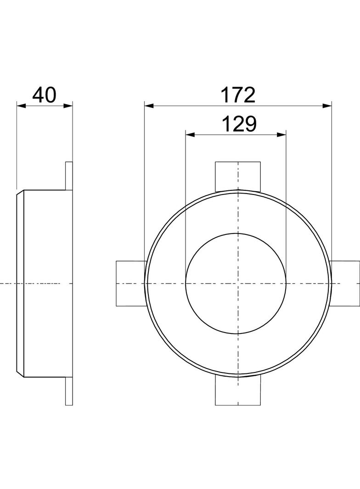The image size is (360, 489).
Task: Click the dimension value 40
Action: pos(45,95)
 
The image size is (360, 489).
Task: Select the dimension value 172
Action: pos(238,95)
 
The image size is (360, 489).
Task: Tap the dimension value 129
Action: pos(239,124)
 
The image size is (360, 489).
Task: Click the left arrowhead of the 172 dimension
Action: pos(149,106)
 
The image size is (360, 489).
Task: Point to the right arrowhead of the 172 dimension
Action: pos(327,106)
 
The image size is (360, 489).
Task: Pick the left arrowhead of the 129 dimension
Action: pos(190,135)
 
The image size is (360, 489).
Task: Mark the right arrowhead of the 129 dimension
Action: pos(281,135)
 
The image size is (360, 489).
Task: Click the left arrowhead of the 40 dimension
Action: pos(21,106)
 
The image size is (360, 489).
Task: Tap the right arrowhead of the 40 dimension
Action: pos(68,106)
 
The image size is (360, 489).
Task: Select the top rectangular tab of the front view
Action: pos(238,176)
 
